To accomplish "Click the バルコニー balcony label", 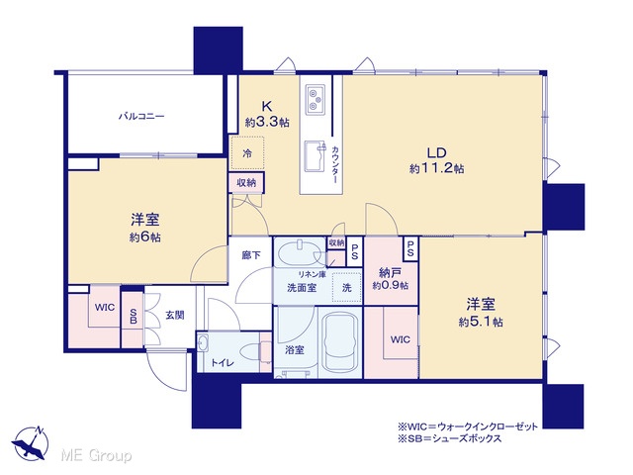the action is (141, 117).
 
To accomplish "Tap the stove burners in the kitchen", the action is (315, 99).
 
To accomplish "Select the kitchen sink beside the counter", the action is (315, 156).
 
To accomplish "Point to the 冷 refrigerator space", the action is (247, 153).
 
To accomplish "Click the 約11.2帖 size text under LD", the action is (436, 168).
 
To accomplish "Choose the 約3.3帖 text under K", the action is (267, 122).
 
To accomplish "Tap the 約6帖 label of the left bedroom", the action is (145, 237).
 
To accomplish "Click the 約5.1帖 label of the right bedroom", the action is (481, 322).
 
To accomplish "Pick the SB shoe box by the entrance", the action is (133, 317).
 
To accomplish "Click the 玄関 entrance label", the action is (175, 315).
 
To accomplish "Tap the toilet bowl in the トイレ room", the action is (252, 351).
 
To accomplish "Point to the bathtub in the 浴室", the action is (340, 342).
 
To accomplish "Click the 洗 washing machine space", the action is (347, 287).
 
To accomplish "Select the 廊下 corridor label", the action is (251, 255).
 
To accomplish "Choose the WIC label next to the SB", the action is (105, 308).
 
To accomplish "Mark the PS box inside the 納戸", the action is (410, 248).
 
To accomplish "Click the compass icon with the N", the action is (31, 443).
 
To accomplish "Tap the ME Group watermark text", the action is (96, 456).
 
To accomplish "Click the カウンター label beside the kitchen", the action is (335, 165).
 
